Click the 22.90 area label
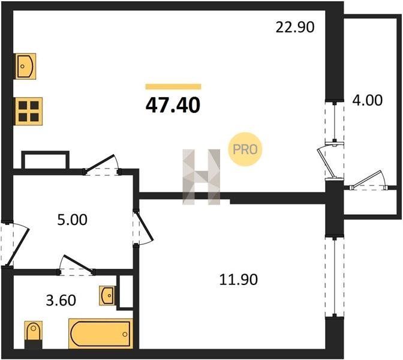coord(295,27)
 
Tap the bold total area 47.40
coord(173,106)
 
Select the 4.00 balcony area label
coord(367,100)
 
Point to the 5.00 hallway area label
coord(72,220)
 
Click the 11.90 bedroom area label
coord(239,280)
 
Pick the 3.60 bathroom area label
coord(61,301)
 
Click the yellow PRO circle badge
coord(245,149)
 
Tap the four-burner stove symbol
coord(29,112)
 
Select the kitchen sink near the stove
coord(25,67)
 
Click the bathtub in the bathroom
coord(101,334)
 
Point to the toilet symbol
coord(34,335)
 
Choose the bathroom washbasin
coord(107,296)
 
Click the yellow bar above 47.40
coord(173,86)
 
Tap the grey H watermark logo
coord(201,177)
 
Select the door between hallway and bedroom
coord(143,228)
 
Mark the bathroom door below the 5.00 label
coord(76,265)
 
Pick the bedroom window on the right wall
coord(335,277)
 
